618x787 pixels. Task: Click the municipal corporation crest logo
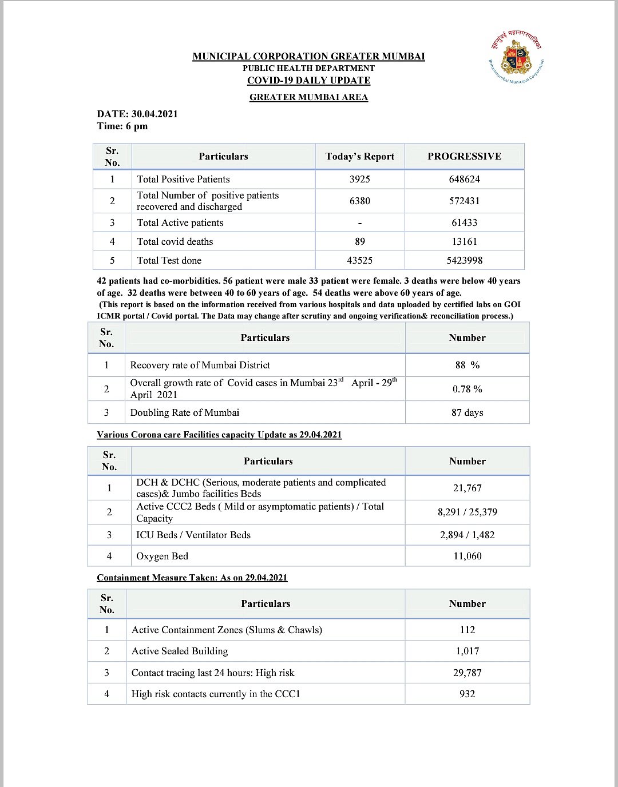pos(516,58)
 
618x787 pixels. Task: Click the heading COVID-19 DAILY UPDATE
pos(308,81)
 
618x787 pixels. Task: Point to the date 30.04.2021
pos(154,114)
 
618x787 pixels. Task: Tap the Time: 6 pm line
pos(122,126)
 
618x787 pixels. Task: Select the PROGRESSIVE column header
pos(464,157)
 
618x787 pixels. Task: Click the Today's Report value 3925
pos(360,180)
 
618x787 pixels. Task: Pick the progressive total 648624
pos(464,180)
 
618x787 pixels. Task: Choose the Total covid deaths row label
pos(175,242)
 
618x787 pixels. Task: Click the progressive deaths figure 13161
pos(464,242)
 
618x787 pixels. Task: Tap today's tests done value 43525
pos(360,261)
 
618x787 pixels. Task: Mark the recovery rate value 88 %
pos(468,365)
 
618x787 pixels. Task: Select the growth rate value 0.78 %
pos(468,389)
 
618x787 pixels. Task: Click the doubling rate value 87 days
pos(468,413)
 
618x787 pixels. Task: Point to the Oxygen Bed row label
pos(162,557)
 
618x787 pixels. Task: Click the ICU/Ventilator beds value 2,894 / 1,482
pos(468,535)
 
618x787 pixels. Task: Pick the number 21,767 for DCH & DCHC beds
pos(468,488)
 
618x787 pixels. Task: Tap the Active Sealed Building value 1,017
pos(468,651)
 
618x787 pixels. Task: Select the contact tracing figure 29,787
pos(468,673)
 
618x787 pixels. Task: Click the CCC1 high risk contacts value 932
pos(468,694)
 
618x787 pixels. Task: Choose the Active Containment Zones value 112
pos(468,630)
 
